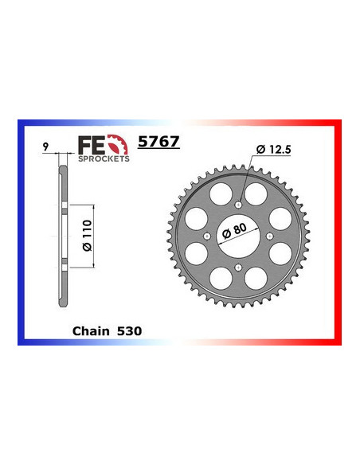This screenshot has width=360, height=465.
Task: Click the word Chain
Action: click(89, 329)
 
